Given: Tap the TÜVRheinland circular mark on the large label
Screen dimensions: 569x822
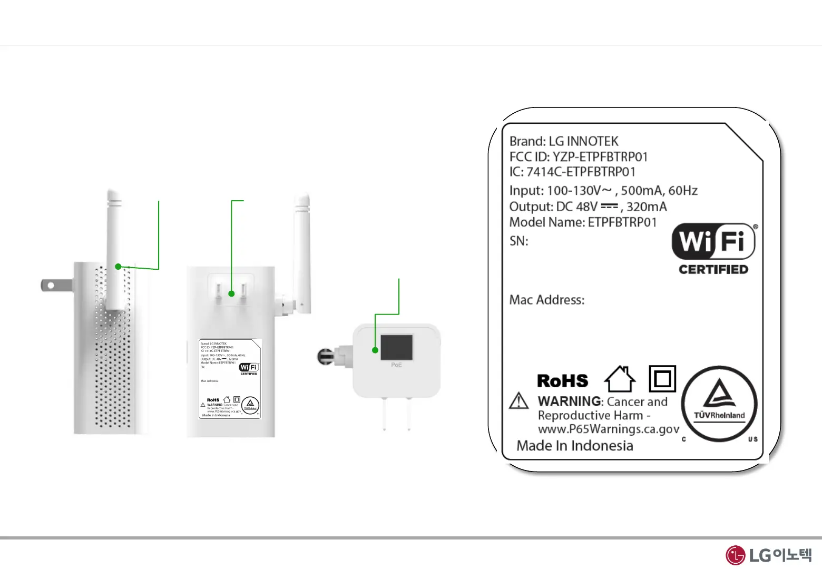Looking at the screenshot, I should tap(719, 404).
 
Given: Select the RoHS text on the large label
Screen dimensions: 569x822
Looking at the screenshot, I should tap(562, 381).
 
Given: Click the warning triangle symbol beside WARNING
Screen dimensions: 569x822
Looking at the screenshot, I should tap(519, 401).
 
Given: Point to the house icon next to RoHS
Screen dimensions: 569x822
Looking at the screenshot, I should tap(620, 379).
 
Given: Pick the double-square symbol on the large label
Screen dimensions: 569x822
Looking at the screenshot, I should tap(662, 379).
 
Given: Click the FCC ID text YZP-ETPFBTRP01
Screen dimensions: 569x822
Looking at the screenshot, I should tap(600, 157).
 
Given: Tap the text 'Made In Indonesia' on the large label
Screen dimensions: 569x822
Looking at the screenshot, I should tap(574, 446).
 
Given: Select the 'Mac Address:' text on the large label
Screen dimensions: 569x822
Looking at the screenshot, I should tap(547, 300).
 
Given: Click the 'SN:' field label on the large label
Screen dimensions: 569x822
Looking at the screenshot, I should tap(518, 241).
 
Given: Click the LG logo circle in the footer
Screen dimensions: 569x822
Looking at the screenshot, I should tap(736, 555).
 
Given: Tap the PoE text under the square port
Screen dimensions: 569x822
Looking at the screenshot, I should tap(396, 365).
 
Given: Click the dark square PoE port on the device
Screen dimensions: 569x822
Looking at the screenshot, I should tap(396, 348).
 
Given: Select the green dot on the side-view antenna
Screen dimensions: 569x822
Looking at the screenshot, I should tap(119, 267).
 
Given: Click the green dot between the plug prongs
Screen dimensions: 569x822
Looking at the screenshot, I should tap(231, 293).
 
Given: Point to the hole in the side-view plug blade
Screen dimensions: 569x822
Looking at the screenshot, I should tap(51, 286).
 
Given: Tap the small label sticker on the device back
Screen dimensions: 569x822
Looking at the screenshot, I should tap(230, 379).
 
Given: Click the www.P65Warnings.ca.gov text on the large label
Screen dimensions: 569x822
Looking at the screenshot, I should tap(609, 429).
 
